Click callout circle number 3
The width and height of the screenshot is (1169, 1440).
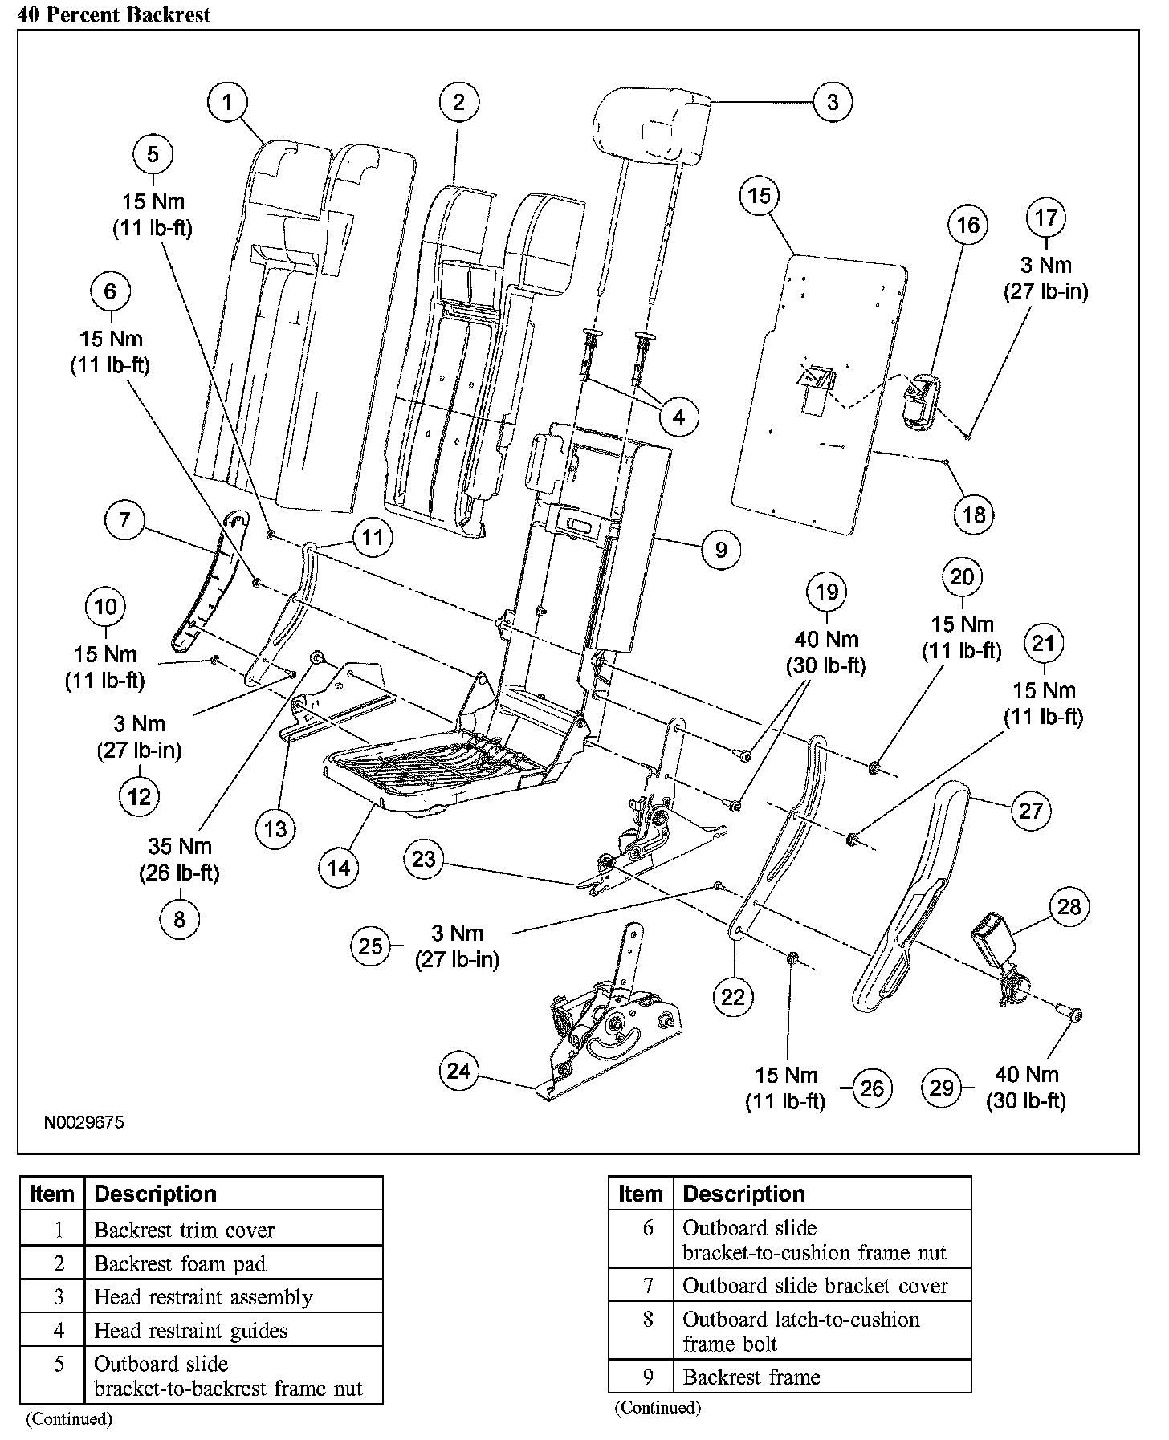(x=832, y=102)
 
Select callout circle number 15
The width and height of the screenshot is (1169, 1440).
(x=759, y=196)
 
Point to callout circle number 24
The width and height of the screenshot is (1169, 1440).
(x=458, y=1072)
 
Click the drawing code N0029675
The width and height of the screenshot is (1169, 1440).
(x=83, y=1121)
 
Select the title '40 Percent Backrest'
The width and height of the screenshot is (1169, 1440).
(x=113, y=15)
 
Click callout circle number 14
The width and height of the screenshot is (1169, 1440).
(x=339, y=868)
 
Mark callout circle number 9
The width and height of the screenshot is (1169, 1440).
(x=720, y=550)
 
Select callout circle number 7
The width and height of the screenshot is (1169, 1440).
(x=124, y=520)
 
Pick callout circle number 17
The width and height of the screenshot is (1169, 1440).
(x=1045, y=218)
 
